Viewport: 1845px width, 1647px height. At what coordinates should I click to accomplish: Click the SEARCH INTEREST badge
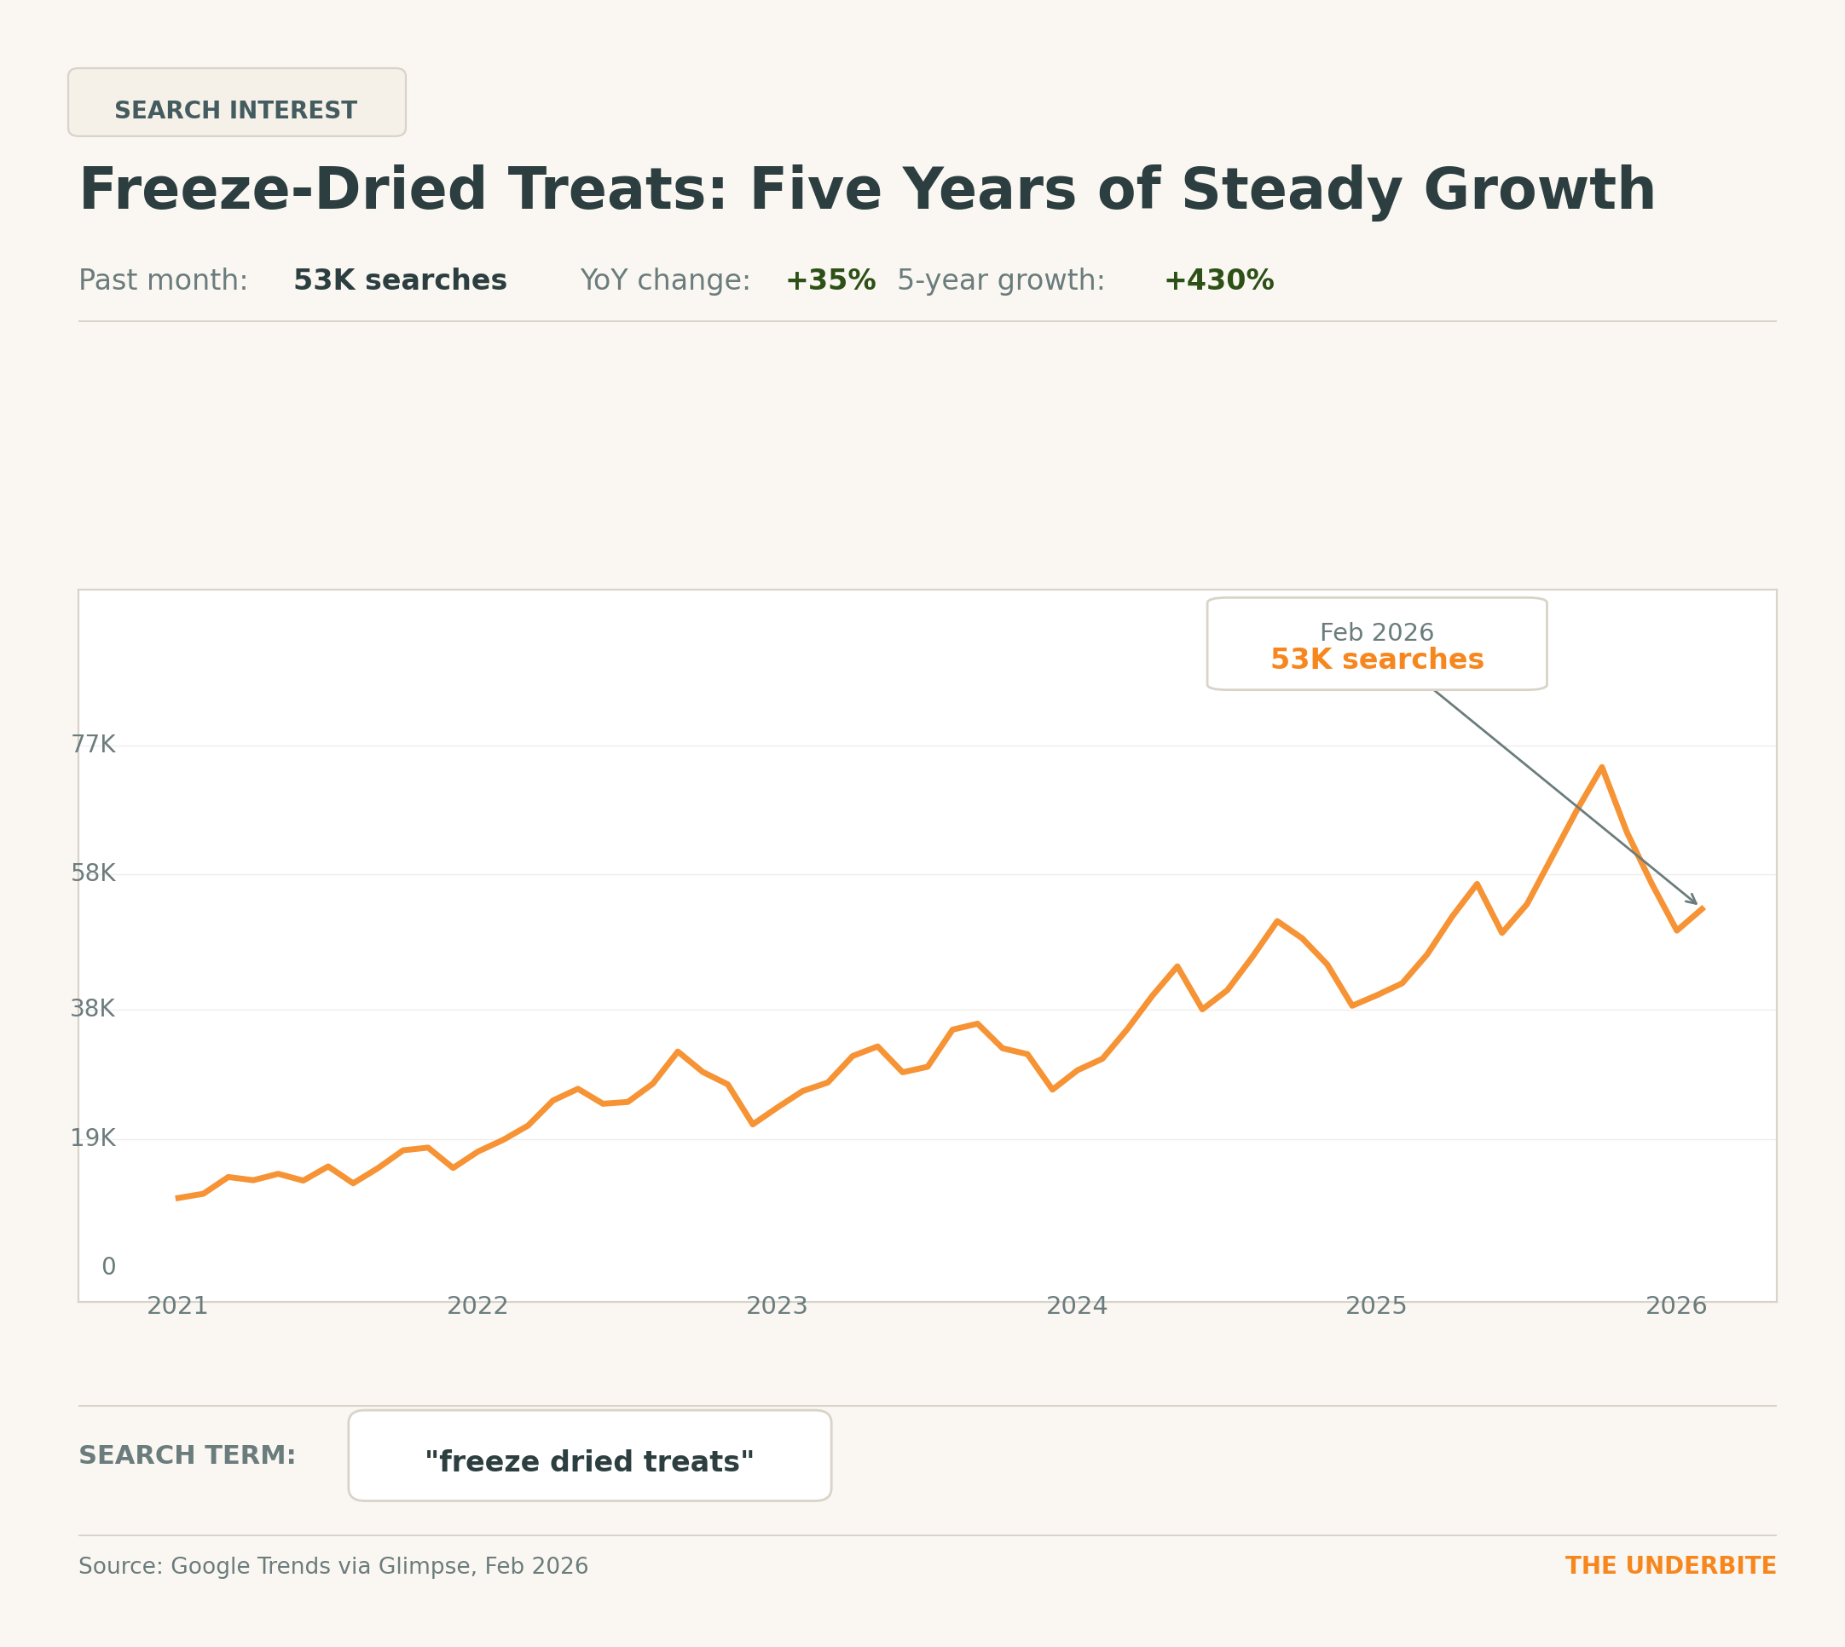(236, 102)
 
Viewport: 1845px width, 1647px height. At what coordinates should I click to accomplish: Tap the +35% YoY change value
(830, 280)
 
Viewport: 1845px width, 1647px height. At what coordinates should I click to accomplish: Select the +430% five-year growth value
(1217, 280)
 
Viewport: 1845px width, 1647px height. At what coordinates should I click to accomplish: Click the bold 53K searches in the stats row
(399, 280)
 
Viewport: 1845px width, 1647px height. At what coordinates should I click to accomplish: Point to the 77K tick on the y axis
(93, 745)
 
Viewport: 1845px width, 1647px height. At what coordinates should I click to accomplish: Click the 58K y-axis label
(93, 873)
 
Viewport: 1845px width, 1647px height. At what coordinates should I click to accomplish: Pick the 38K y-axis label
(93, 1008)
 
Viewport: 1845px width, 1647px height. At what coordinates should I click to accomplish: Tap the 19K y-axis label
(93, 1137)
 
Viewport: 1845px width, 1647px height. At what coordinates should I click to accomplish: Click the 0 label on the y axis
(108, 1267)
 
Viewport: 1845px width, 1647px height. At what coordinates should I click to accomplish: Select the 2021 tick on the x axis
(177, 1306)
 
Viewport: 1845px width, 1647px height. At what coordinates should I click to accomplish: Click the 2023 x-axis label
(776, 1306)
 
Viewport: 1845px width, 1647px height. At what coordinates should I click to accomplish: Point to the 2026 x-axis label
(1674, 1306)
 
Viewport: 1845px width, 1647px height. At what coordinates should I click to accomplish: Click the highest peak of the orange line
(1600, 768)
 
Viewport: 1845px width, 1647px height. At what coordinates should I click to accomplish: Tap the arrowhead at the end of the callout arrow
(1695, 902)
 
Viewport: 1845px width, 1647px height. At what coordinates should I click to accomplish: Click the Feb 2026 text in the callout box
(1376, 632)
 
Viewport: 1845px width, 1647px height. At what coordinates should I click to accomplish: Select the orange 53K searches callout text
(1376, 659)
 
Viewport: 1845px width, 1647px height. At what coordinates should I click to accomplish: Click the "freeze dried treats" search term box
(589, 1461)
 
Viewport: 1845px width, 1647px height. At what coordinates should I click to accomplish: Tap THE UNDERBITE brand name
(1670, 1565)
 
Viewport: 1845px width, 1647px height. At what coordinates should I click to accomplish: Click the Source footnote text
(333, 1565)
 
